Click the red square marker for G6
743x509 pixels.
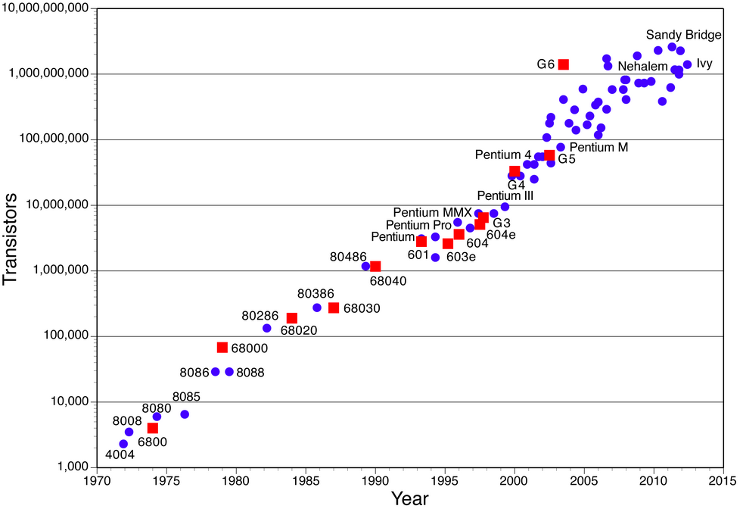[x=564, y=64]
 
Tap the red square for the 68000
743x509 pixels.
[x=222, y=347]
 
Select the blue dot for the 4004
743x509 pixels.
[x=123, y=444]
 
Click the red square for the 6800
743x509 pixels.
[x=153, y=428]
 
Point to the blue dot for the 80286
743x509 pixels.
[x=266, y=328]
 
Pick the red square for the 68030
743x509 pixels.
[x=334, y=308]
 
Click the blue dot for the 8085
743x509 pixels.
[x=185, y=414]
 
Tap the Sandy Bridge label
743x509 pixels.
[x=683, y=35]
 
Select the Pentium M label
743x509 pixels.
[x=598, y=147]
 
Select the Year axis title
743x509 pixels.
[x=409, y=498]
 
